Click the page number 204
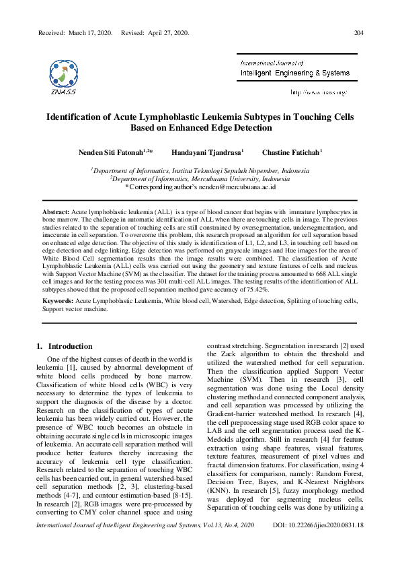(359, 33)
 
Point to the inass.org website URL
(319, 92)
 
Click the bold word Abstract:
(56, 211)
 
